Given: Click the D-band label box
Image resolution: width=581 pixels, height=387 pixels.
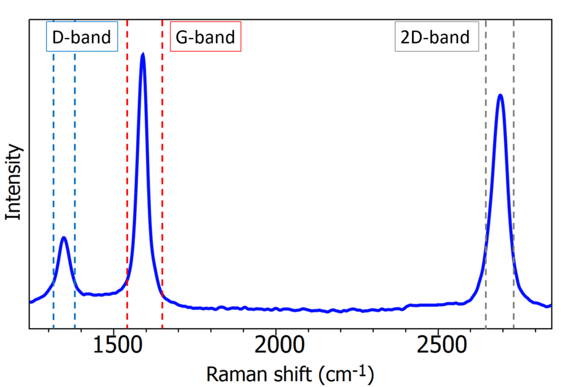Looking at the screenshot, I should pyautogui.click(x=82, y=37).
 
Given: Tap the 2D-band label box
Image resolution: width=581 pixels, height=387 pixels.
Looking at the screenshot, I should pyautogui.click(x=436, y=37).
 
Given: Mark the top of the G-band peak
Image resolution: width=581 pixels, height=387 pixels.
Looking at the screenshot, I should pyautogui.click(x=143, y=54).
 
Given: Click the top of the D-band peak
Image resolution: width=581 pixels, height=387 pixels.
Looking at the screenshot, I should pyautogui.click(x=64, y=238).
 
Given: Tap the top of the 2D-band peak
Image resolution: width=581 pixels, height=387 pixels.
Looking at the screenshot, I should pyautogui.click(x=500, y=95).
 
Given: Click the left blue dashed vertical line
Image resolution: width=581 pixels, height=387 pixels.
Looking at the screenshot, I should pyautogui.click(x=53, y=170).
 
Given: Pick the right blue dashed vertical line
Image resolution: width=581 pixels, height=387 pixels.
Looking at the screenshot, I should pyautogui.click(x=75, y=170).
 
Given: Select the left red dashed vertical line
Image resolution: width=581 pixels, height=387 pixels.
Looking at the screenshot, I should pyautogui.click(x=127, y=170).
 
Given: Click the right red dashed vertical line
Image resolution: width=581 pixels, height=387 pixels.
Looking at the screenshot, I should pyautogui.click(x=162, y=170).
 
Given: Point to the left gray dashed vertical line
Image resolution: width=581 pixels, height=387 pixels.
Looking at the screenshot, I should pyautogui.click(x=486, y=170).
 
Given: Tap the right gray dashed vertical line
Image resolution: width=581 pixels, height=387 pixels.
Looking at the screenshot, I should pyautogui.click(x=513, y=170).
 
